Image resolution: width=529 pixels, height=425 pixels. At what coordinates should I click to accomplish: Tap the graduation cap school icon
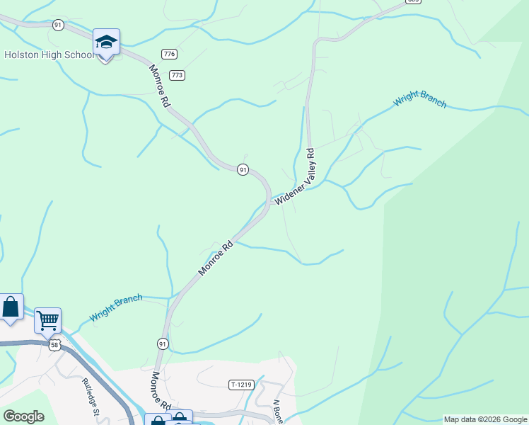[106, 43]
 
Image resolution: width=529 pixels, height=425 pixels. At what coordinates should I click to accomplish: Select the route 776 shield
[169, 55]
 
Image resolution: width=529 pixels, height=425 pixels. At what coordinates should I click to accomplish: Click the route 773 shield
[177, 75]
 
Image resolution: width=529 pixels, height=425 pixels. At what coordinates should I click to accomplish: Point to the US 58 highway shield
[54, 345]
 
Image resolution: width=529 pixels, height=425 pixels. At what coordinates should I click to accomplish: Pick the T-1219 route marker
[241, 385]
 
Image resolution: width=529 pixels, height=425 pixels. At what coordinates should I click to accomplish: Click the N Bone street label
[278, 412]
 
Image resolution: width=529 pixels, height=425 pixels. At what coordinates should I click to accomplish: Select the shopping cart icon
[47, 321]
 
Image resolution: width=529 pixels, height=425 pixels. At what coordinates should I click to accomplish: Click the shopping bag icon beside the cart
[11, 307]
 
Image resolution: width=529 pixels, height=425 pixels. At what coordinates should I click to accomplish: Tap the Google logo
[23, 416]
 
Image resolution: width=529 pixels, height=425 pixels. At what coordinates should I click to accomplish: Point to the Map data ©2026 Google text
[485, 419]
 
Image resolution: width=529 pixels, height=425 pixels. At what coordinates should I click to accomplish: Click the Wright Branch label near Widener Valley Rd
[420, 98]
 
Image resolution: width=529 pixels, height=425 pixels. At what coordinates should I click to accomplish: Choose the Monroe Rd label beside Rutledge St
[160, 391]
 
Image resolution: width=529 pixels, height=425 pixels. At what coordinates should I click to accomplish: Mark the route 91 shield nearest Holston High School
[58, 25]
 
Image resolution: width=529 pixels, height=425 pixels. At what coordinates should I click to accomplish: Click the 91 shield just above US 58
[163, 344]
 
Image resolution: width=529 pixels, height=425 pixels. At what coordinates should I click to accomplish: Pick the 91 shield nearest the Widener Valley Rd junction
[243, 169]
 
